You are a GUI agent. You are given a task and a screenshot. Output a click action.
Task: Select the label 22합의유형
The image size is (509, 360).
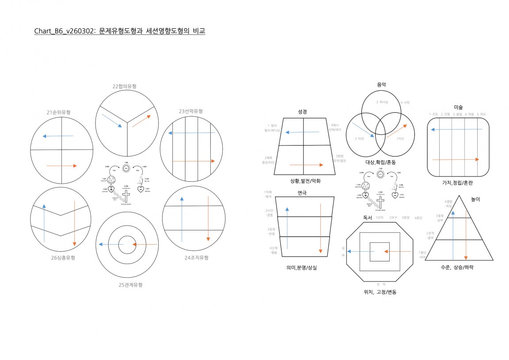point(125,86)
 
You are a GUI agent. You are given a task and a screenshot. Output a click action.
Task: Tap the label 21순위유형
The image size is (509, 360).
point(58,112)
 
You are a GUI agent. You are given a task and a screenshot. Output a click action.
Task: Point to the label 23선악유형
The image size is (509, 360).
point(190,111)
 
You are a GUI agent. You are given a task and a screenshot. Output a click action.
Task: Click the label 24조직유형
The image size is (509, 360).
point(196,257)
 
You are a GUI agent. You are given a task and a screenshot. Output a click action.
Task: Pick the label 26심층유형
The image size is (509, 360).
point(63,257)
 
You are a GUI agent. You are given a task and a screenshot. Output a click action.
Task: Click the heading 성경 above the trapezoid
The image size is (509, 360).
point(303,112)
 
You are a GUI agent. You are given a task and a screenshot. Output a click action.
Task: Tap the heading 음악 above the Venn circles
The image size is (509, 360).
point(381,84)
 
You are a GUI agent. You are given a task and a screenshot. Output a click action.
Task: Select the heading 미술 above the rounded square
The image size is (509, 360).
point(458,107)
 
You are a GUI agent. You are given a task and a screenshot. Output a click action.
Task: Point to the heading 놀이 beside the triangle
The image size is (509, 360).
point(475,199)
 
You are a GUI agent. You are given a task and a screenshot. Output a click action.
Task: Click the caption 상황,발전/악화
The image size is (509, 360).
point(305,181)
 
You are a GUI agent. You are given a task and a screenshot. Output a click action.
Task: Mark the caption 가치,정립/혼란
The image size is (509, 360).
point(457,183)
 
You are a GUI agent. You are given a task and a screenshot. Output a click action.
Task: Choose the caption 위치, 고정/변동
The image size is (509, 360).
point(380,292)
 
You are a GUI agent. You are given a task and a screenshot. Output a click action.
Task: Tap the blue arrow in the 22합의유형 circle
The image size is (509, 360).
point(112,121)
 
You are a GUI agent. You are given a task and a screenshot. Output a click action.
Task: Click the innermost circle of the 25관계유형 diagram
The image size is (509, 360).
point(127,244)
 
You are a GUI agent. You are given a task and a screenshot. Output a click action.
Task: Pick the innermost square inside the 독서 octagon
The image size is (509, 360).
point(380,252)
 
